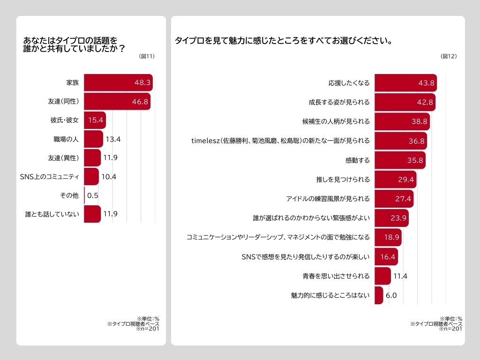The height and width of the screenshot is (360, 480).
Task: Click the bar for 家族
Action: point(118,82)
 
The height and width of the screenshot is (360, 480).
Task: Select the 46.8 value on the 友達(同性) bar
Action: point(140,101)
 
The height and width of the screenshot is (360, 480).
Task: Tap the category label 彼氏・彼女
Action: point(65,120)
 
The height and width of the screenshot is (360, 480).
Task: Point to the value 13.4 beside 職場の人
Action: point(113,139)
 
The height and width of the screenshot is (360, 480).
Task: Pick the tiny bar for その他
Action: point(85,195)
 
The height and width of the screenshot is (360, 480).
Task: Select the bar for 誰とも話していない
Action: point(92,214)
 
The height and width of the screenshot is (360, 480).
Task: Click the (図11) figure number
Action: point(147,56)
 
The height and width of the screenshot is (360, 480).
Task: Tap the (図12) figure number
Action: point(449,56)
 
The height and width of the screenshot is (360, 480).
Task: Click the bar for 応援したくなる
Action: point(405,83)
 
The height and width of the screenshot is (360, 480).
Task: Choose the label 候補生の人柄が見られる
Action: point(336,121)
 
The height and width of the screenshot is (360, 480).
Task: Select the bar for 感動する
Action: point(400,160)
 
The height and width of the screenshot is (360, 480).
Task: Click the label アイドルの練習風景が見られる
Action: point(330,199)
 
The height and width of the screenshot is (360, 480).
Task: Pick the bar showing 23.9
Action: point(391,218)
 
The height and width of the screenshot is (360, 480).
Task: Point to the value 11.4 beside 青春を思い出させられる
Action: point(400,276)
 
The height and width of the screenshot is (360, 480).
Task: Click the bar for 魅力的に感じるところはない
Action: point(379,295)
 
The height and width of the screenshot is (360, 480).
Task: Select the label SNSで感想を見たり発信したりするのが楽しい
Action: point(306,256)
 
